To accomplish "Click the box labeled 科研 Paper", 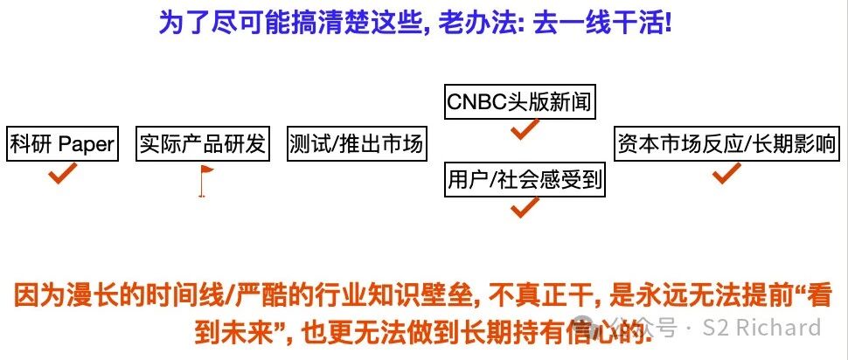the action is click(x=62, y=143).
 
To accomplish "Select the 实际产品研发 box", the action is click(x=202, y=143).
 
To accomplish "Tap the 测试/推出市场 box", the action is click(x=356, y=143).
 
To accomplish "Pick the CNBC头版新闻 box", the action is click(x=519, y=102).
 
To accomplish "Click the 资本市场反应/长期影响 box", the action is click(x=725, y=143).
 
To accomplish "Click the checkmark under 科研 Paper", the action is click(x=62, y=174).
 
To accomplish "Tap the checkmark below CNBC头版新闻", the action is click(x=524, y=130).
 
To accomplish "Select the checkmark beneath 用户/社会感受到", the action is click(x=525, y=208).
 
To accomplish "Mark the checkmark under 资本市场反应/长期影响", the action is click(x=725, y=173).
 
